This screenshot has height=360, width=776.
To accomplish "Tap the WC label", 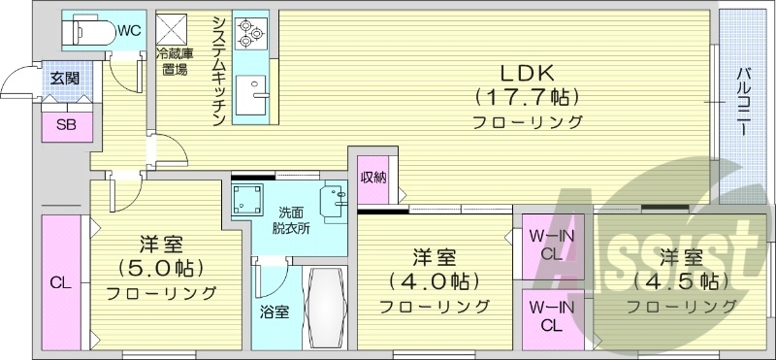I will (x=130, y=30).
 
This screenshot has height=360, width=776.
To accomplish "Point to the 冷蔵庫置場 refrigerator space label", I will (x=176, y=62).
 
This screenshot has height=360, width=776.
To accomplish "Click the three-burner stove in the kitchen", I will (x=250, y=33).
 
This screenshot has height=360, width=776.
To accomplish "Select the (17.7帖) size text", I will (x=527, y=97).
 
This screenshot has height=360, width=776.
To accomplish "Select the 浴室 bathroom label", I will (x=274, y=312).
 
